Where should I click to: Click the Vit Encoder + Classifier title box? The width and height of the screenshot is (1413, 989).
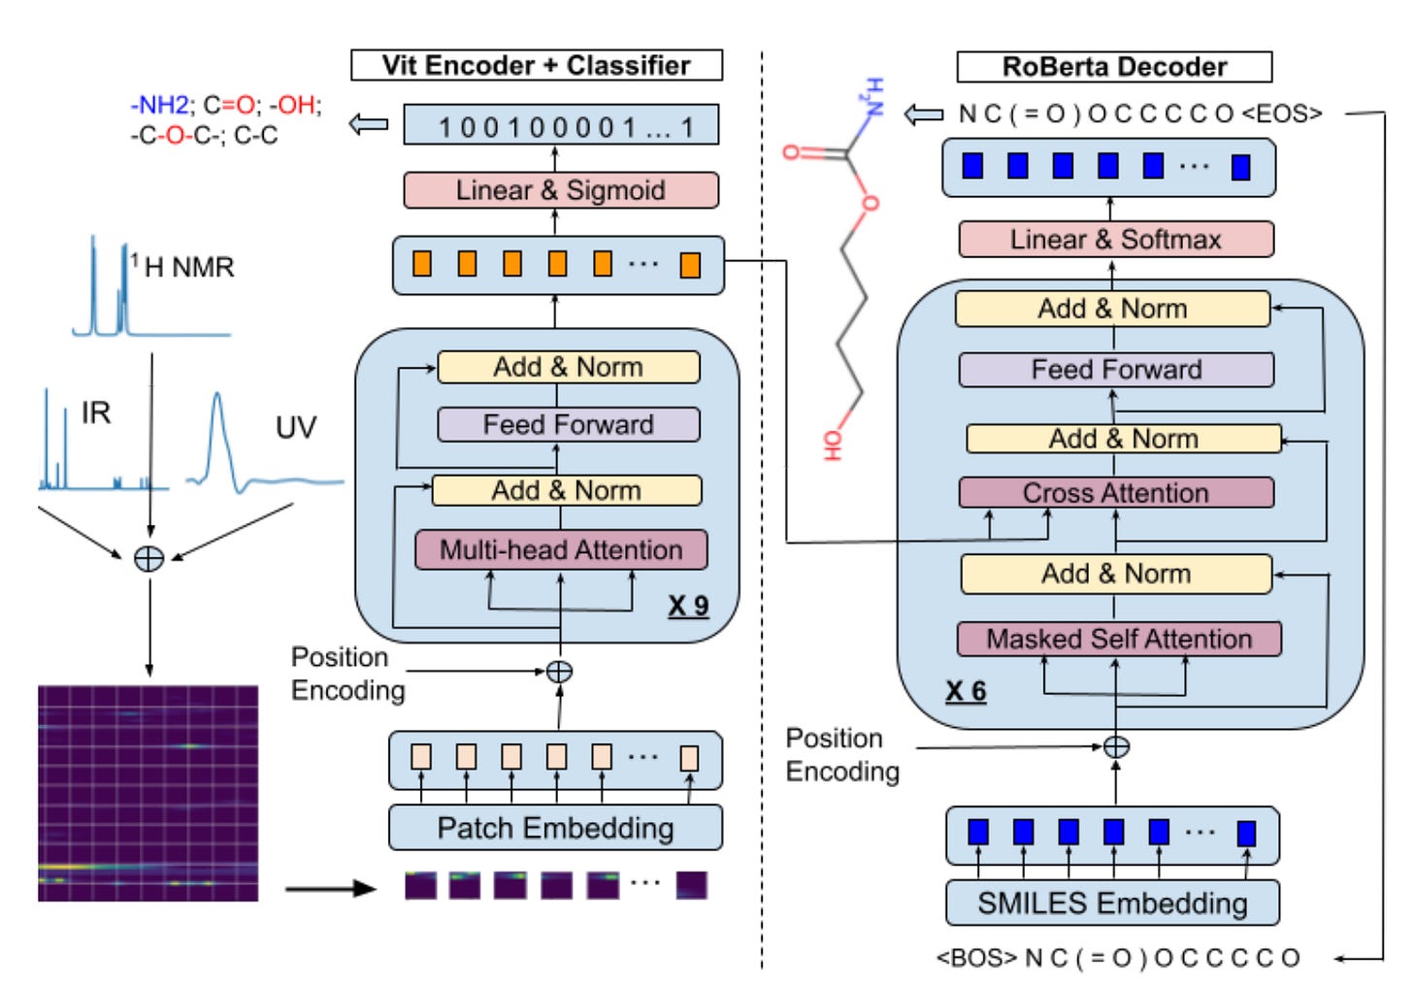(536, 65)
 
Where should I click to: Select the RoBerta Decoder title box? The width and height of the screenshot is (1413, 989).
(1113, 66)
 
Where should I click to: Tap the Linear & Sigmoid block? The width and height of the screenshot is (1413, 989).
(560, 190)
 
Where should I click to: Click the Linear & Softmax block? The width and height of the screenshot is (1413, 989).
(1115, 239)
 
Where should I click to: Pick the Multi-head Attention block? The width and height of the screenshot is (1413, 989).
(560, 549)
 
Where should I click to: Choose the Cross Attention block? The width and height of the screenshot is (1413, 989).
(1115, 492)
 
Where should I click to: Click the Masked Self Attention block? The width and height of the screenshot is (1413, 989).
(1118, 639)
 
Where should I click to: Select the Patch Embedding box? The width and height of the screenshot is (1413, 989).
(555, 828)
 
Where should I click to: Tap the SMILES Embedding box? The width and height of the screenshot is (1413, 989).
(1112, 903)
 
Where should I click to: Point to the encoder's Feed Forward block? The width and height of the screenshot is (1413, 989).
(568, 424)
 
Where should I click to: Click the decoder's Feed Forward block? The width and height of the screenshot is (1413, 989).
(1115, 369)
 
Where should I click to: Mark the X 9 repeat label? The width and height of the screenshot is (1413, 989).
(688, 607)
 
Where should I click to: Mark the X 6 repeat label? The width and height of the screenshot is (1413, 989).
(966, 691)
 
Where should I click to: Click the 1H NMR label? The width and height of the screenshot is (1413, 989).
(184, 267)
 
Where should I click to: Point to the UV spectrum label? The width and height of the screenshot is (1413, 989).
(295, 427)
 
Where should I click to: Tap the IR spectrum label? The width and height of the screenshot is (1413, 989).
(95, 413)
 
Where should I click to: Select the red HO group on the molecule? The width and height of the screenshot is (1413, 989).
(833, 445)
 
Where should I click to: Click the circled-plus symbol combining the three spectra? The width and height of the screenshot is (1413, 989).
(148, 558)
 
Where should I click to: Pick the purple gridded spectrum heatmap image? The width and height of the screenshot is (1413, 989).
(148, 793)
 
